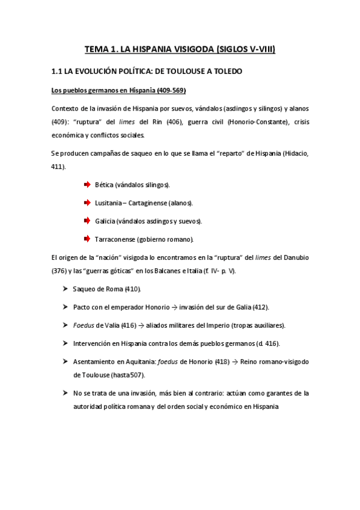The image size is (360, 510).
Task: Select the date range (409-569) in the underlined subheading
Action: point(170,91)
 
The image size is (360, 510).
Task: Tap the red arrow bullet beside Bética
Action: point(87,184)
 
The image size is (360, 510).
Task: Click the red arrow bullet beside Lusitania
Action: point(87,202)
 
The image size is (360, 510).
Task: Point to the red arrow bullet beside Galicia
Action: point(87,221)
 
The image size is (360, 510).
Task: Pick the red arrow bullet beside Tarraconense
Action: point(87,239)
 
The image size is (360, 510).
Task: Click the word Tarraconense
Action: point(115,239)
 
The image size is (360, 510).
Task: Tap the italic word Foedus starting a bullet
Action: point(83,325)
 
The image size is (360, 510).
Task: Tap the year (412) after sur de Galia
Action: point(261,307)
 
